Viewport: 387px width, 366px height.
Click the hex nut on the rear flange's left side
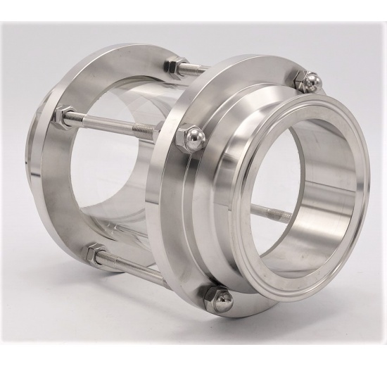coord(64,118)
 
